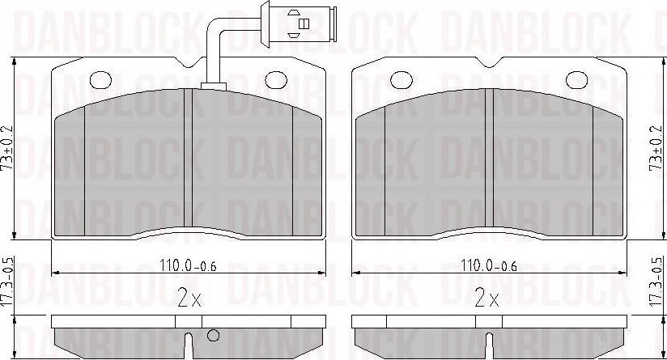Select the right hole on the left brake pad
click(276, 78)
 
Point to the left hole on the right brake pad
click(400, 78)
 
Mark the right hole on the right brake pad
click(576, 78)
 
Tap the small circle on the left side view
click(214, 336)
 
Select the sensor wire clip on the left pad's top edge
click(213, 85)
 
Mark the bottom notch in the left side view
click(188, 345)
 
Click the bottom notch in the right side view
click(488, 345)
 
